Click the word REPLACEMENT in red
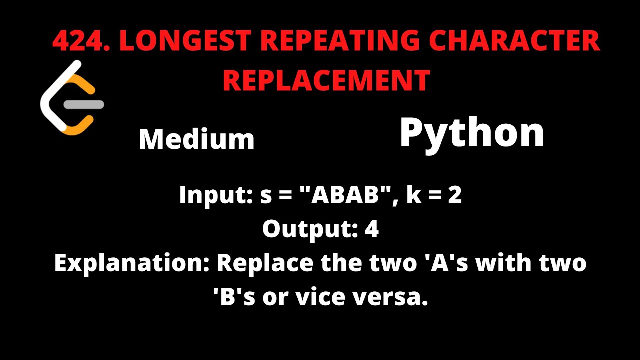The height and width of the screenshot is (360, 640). (x=326, y=80)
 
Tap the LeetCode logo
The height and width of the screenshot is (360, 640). (x=71, y=98)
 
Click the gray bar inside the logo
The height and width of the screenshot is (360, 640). (x=85, y=105)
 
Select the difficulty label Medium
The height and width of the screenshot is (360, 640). (x=196, y=139)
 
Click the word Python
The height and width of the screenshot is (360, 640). (x=471, y=133)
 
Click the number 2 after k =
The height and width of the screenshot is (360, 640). (x=455, y=195)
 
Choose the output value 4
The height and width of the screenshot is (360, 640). (x=372, y=229)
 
